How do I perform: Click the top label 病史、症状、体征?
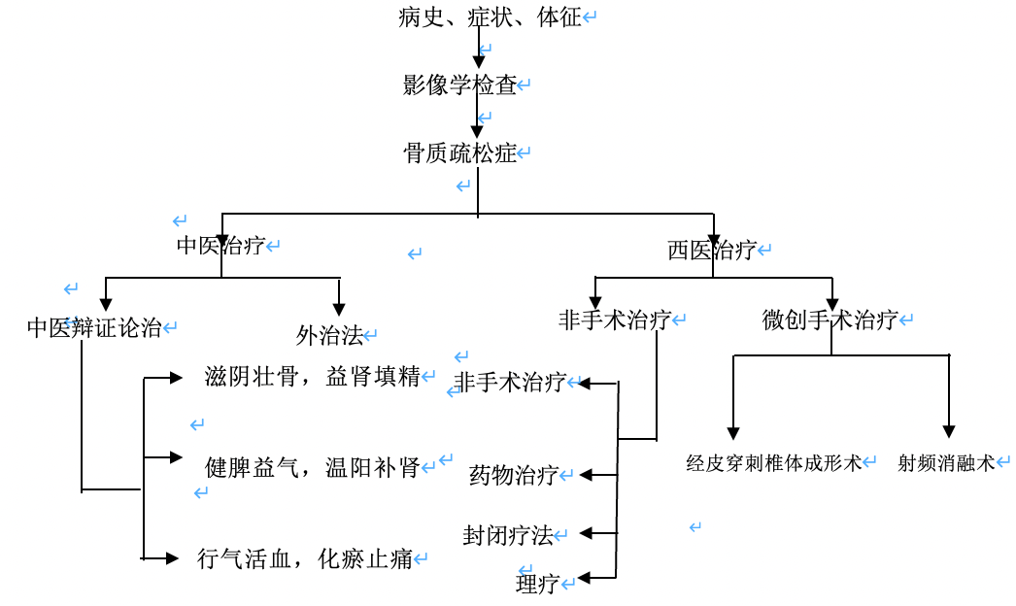pos(490,17)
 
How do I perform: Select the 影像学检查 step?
pos(460,85)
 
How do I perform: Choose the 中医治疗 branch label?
pos(220,246)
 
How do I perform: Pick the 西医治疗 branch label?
pos(712,251)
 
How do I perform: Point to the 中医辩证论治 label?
pos(94,327)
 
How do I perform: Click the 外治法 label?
pos(329,336)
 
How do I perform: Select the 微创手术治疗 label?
pos(830,320)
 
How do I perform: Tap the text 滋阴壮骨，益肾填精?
pos(313,377)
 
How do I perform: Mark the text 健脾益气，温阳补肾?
pos(313,467)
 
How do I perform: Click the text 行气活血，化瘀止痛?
pos(305,558)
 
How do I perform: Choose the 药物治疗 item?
pos(514,475)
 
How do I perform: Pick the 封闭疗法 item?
pos(508,535)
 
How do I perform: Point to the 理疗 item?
pos(537,584)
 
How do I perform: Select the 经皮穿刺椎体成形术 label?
pos(774,463)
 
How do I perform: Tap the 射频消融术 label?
pos(947,463)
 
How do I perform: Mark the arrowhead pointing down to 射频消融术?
pos(949,432)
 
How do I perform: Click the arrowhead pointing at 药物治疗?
pos(586,475)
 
